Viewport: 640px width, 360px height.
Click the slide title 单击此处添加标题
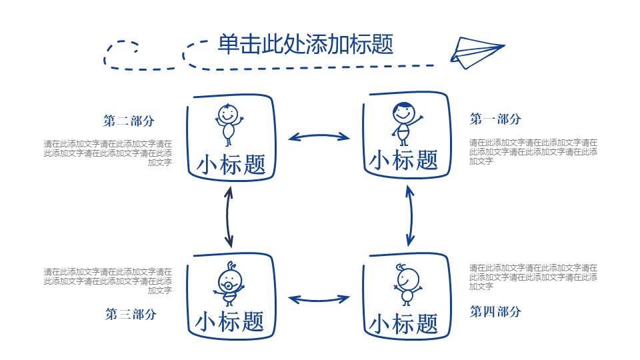pos(305,45)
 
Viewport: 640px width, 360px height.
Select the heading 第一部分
pos(495,119)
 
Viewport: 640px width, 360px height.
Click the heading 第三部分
pos(131,314)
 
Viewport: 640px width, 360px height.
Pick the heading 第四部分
pos(495,311)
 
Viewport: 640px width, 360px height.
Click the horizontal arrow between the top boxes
pos(319,137)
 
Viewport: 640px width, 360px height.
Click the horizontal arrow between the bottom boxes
pos(319,299)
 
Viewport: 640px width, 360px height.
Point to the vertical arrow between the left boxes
pos(229,216)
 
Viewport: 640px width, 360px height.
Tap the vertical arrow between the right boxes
pos(410,216)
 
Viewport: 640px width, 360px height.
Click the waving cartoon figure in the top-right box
pos(404,123)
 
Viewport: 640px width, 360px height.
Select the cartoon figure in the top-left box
pos(228,123)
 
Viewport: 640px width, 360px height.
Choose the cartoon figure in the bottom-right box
pos(405,283)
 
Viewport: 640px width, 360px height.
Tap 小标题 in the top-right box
pos(403,160)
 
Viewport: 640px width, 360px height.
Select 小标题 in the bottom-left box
pos(229,321)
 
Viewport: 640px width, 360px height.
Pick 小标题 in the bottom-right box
pos(403,324)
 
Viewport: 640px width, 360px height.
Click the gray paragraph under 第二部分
pos(108,153)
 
